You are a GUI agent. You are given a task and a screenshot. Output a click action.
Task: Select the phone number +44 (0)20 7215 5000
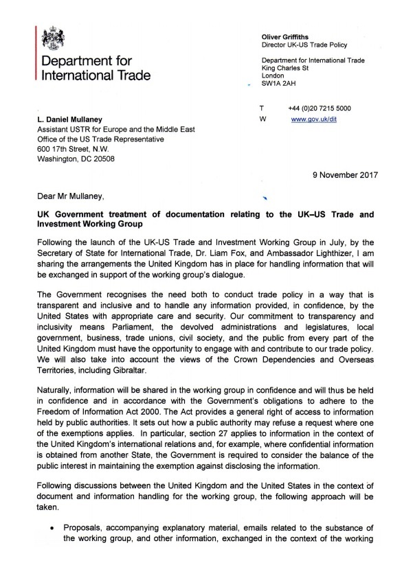pos(320,108)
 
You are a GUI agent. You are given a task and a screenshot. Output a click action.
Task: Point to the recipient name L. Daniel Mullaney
pos(76,121)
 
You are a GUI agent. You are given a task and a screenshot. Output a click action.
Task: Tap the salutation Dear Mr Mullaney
pos(72,198)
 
